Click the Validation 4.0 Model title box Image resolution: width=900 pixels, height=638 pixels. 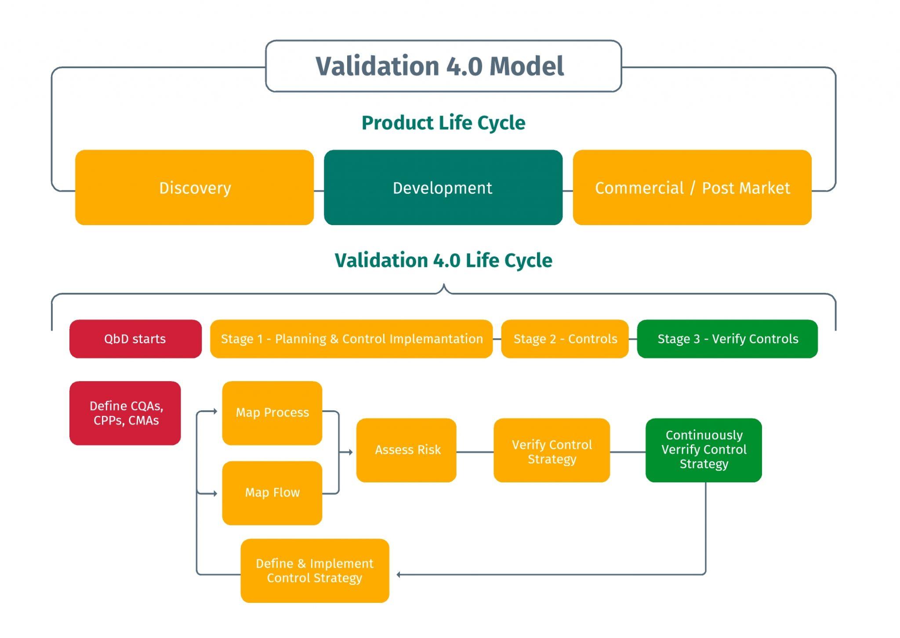443,66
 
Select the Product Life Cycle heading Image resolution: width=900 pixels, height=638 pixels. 443,123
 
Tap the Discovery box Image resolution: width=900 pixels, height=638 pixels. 194,188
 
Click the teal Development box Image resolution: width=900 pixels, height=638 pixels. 443,188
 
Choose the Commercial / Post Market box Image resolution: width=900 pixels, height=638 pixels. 692,188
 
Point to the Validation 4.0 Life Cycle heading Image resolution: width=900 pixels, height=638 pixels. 443,261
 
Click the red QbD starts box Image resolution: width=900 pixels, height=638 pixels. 135,339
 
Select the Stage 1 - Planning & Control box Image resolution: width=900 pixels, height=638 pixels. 351,339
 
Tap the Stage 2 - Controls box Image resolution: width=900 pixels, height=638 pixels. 565,339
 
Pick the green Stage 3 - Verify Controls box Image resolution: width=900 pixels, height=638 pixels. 727,339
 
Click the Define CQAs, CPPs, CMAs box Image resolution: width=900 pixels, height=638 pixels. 125,413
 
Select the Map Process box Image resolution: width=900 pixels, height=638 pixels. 272,413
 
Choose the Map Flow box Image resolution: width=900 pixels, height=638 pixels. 272,493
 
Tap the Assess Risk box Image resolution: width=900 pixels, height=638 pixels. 406,450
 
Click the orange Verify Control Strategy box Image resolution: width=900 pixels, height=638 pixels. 552,451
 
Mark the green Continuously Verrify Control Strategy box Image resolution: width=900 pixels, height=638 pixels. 704,450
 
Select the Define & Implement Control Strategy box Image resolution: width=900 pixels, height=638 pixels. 315,571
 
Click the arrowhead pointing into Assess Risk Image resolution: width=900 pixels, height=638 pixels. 351,452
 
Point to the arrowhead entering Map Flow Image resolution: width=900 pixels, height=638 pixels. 215,494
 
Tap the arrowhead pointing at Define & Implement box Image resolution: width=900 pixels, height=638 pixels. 399,575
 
